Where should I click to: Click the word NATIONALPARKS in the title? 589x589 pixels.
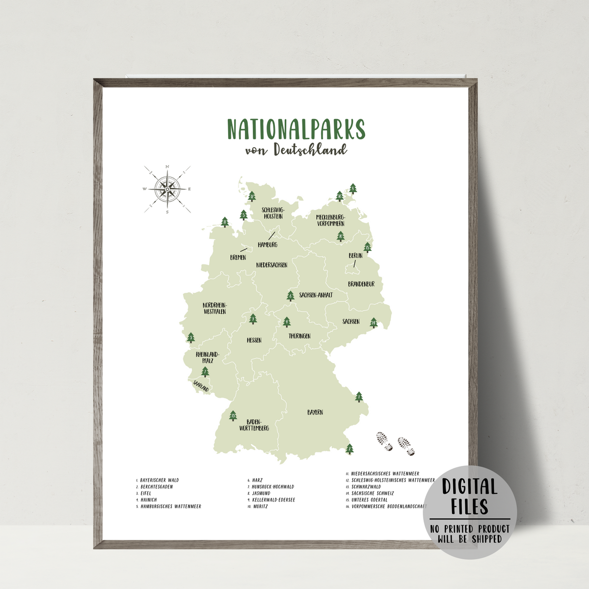coord(296,129)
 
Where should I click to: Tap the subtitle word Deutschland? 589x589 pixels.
coord(310,150)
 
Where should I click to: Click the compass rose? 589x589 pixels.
coord(167,188)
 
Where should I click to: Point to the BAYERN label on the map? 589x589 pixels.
coord(315,412)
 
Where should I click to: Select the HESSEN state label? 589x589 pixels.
coord(254,340)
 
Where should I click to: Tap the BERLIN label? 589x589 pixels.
coord(355,256)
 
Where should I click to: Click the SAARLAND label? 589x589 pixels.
coord(201,386)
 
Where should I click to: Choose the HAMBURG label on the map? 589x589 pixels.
coord(268,244)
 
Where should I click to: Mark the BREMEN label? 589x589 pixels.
coord(238,258)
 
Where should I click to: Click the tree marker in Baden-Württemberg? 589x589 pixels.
coord(233,416)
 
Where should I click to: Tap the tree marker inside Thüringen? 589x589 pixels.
coord(287,322)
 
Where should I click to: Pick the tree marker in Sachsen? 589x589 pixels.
coord(374,322)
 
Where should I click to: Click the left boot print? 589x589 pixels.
coord(384,441)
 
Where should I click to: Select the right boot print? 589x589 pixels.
coord(406,446)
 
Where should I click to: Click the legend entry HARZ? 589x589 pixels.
coord(258,480)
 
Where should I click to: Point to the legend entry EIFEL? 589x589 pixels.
coord(146,493)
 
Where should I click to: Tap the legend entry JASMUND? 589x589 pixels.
coord(261,493)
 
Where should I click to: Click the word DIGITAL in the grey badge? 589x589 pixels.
coord(470,487)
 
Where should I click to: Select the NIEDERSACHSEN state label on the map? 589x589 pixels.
coord(272,265)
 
